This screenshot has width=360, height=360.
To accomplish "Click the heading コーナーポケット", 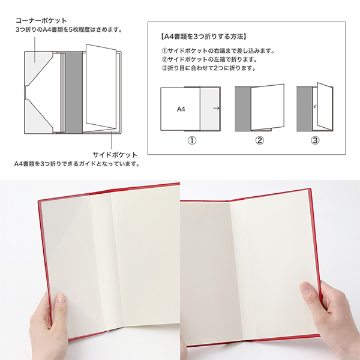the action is [41, 20].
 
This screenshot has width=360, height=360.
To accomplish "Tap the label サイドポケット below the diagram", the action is [115, 155].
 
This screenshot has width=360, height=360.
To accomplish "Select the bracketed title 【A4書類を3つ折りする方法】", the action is [203, 37].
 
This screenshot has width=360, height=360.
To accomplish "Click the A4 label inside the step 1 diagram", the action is [181, 109].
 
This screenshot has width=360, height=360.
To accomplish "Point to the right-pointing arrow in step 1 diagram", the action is [217, 108].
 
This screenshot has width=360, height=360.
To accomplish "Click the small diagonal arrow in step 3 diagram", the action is [315, 106].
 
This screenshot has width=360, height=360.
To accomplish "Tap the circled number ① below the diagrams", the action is [192, 140].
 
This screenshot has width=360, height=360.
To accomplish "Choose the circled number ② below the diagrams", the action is [259, 140].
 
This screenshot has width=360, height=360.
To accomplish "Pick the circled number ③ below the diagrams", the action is [315, 140].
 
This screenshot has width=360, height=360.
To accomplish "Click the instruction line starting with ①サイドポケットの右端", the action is [218, 51].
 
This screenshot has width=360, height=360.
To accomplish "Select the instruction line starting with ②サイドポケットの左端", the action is [209, 59].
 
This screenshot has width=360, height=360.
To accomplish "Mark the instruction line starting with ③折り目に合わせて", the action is [209, 68].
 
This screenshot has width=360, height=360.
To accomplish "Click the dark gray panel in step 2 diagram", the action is [243, 109].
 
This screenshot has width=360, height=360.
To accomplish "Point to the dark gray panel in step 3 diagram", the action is [304, 109].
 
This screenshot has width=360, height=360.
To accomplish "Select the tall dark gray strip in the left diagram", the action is [74, 92].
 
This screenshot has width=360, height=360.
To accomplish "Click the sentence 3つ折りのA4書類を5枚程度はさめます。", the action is [69, 30].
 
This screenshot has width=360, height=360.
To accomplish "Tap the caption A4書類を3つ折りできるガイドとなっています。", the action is [77, 164].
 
